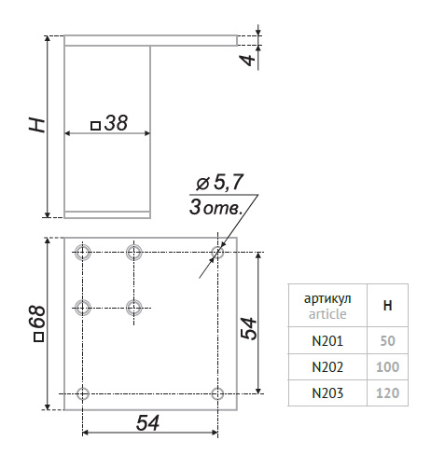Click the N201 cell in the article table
(x=327, y=341)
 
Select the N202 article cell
(x=327, y=367)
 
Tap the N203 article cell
(x=327, y=393)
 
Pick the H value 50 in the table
(x=387, y=341)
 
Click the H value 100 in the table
(x=387, y=367)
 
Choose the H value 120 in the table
(x=387, y=393)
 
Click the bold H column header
(x=387, y=306)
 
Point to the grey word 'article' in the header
(x=327, y=314)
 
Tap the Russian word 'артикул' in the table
(x=327, y=298)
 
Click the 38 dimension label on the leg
(x=116, y=123)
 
